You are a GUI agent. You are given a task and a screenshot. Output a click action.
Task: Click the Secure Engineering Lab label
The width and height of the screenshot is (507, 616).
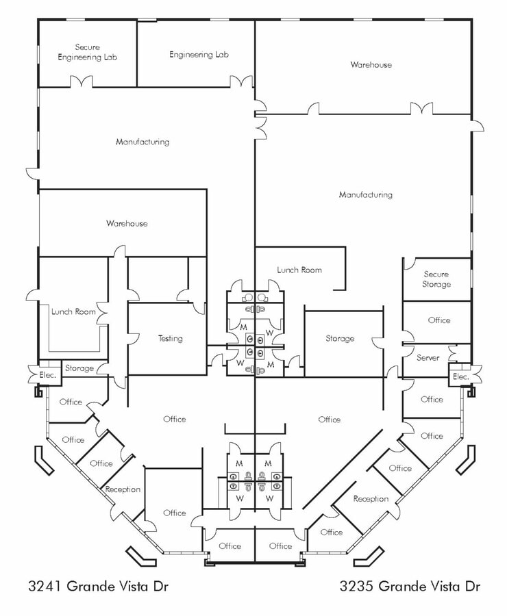pyautogui.click(x=87, y=52)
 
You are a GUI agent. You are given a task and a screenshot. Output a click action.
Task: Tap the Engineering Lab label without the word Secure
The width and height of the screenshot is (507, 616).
pyautogui.click(x=199, y=54)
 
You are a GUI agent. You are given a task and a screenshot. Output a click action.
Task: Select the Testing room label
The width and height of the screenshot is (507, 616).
pyautogui.click(x=170, y=338)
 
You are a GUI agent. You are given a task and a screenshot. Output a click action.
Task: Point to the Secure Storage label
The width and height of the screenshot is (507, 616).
pyautogui.click(x=436, y=279)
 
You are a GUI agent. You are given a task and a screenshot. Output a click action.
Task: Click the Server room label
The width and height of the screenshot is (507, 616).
pyautogui.click(x=428, y=357)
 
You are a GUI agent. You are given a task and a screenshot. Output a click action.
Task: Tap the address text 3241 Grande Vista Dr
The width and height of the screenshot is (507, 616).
pyautogui.click(x=99, y=587)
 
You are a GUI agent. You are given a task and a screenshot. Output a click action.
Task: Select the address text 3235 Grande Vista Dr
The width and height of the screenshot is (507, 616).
pyautogui.click(x=410, y=587)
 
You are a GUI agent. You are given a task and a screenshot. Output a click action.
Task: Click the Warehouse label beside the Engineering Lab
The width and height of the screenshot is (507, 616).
pyautogui.click(x=371, y=64)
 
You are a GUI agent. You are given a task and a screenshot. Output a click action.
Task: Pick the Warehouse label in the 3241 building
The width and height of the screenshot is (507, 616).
pyautogui.click(x=126, y=223)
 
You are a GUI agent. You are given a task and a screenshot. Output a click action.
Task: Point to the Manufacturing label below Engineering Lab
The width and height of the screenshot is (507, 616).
pyautogui.click(x=142, y=142)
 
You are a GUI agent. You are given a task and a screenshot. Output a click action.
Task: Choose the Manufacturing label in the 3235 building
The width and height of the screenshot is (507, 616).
pyautogui.click(x=365, y=194)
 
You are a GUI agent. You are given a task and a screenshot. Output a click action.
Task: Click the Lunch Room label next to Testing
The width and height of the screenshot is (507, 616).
pyautogui.click(x=73, y=311)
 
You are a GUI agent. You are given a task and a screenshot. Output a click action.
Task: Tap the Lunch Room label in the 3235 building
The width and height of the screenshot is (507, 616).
pyautogui.click(x=299, y=270)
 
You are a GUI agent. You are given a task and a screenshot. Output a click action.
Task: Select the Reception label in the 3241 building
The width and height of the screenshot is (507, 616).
pyautogui.click(x=123, y=489)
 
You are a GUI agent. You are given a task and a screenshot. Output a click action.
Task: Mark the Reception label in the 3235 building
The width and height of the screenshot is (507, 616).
pyautogui.click(x=371, y=499)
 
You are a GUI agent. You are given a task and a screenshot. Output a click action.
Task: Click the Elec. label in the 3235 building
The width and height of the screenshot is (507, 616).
pyautogui.click(x=460, y=376)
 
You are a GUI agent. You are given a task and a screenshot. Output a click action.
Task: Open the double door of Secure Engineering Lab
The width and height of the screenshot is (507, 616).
pyautogui.click(x=81, y=82)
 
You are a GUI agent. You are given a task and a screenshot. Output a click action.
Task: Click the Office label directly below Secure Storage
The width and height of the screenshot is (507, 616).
pyautogui.click(x=438, y=320)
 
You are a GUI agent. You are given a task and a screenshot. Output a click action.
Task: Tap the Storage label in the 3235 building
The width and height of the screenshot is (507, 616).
pyautogui.click(x=340, y=338)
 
